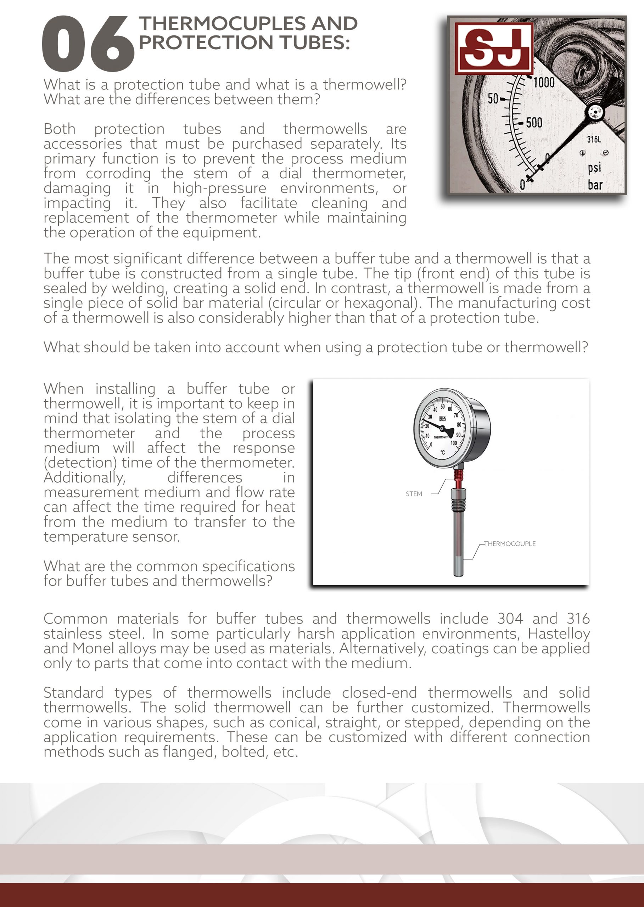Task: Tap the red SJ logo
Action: pyautogui.click(x=493, y=48)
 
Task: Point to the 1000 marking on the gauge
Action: pyautogui.click(x=544, y=83)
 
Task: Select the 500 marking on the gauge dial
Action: pyautogui.click(x=534, y=123)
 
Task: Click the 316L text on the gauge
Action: pyautogui.click(x=594, y=139)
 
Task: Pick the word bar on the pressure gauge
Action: pyautogui.click(x=595, y=185)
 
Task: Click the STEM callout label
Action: pyautogui.click(x=414, y=494)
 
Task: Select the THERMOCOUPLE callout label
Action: pyautogui.click(x=510, y=544)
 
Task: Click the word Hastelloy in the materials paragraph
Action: pyautogui.click(x=558, y=633)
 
